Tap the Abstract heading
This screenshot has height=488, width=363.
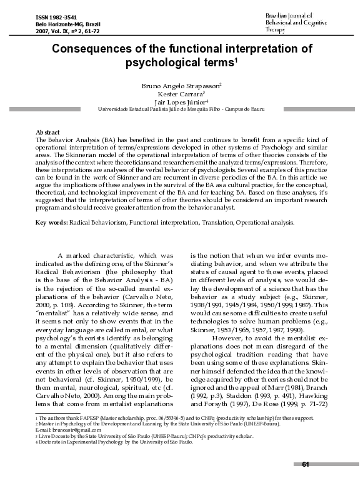pos(49,133)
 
